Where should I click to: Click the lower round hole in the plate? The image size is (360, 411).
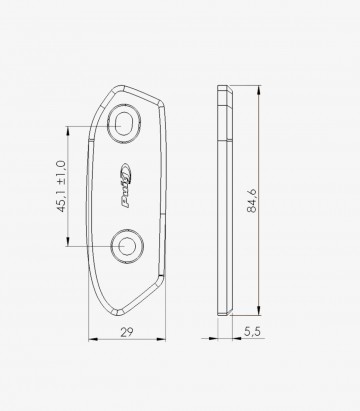(126, 242)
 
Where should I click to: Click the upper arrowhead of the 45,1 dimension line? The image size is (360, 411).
(69, 127)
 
